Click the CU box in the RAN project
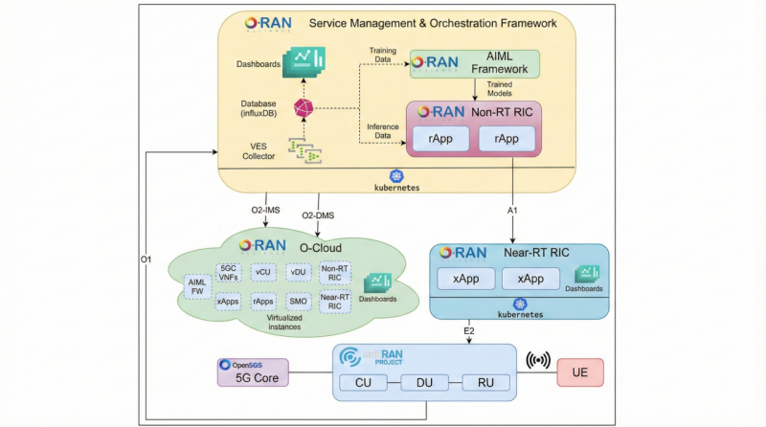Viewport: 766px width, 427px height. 364,383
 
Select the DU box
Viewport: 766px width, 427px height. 424,383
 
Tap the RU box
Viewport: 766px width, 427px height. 484,383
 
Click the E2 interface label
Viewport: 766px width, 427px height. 469,330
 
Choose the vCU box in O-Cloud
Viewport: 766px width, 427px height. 263,272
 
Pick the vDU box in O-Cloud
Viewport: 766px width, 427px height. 299,272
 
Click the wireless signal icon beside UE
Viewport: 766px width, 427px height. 539,363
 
